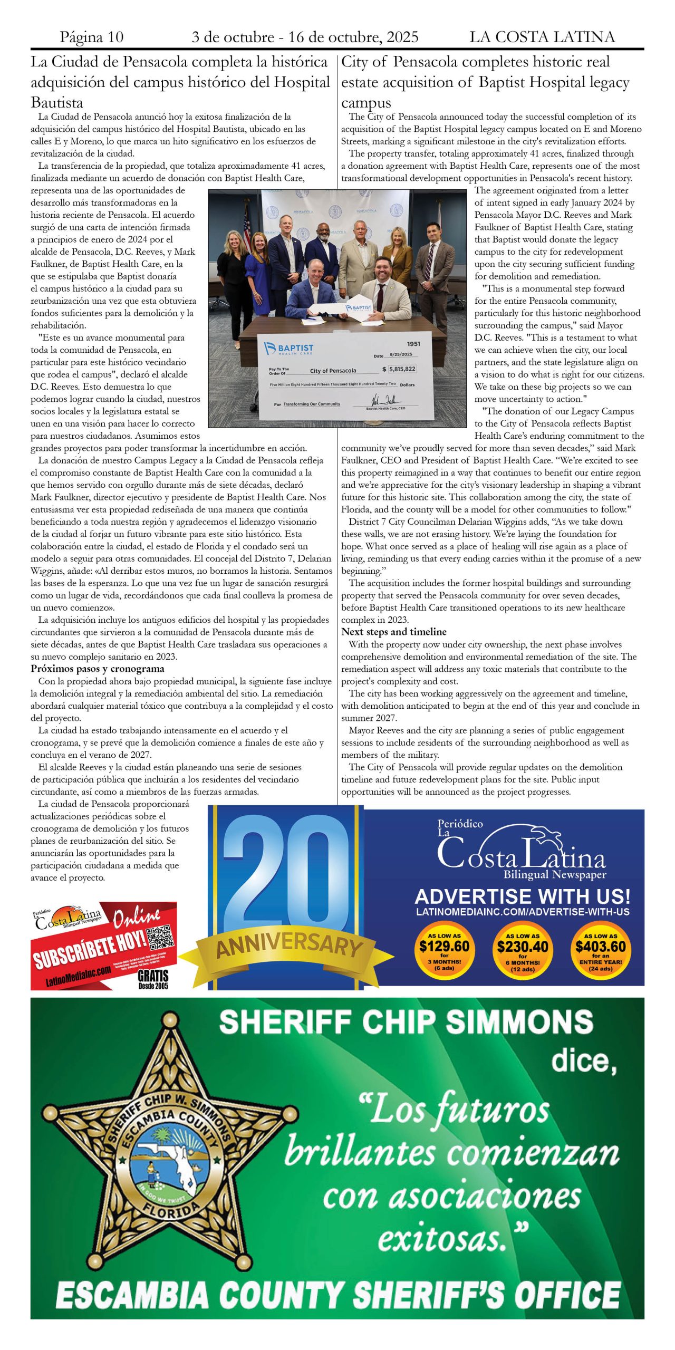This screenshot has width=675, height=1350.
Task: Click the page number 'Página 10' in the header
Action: coord(92,37)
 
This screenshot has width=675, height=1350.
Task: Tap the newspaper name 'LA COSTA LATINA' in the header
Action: coord(542,37)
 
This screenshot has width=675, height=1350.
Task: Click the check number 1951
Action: coord(413,344)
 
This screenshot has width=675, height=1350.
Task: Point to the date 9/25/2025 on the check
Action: coord(401,354)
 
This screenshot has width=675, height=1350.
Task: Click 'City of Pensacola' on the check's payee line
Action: coord(333,371)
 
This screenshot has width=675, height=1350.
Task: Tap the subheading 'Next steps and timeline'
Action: coord(393,632)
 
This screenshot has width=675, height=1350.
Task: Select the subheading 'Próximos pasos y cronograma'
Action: coord(98,669)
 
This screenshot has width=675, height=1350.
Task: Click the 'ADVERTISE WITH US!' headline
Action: coord(522,897)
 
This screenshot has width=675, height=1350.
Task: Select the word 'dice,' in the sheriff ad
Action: coord(584,1061)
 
